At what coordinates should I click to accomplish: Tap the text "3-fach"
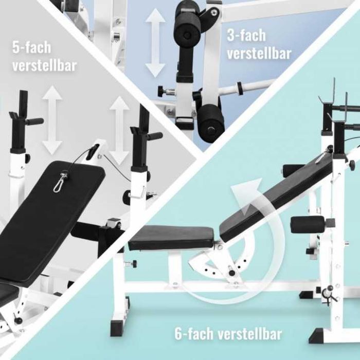[x=246, y=35]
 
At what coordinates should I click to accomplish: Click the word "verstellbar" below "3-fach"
[x=259, y=53]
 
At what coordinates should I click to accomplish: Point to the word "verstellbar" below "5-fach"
[x=45, y=65]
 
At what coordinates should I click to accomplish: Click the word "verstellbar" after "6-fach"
[x=250, y=334]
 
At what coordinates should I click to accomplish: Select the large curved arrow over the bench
[x=242, y=247]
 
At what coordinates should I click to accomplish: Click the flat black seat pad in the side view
[x=171, y=238]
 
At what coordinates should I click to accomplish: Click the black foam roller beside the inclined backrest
[x=307, y=224]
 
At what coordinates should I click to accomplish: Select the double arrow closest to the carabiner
[x=119, y=131]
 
